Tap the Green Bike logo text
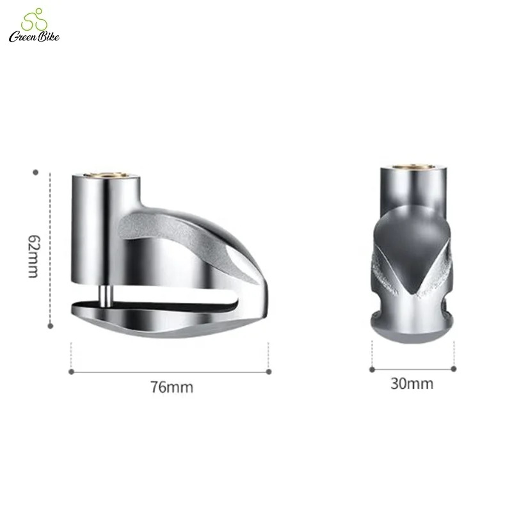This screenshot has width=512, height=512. tap(34, 36)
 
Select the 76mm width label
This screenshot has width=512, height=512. tap(172, 387)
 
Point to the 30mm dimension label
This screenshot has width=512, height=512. tap(412, 384)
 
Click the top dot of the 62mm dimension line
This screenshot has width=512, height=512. tap(36, 172)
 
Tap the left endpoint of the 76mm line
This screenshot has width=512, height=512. tap(71, 370)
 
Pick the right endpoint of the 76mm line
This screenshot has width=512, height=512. tap(268, 370)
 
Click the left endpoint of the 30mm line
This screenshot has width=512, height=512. tap(372, 368)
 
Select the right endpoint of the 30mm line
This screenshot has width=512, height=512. tap(454, 368)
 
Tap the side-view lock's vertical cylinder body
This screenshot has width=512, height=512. tap(90, 237)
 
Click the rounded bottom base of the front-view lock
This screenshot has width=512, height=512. tap(412, 326)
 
